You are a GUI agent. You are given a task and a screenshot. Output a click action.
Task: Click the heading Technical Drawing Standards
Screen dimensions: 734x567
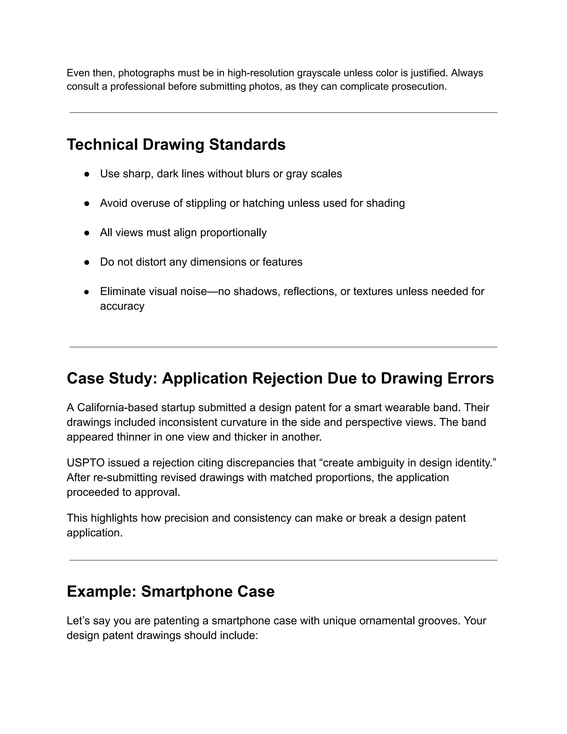[176, 145]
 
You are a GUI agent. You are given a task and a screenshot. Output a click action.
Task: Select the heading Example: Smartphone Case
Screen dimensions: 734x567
[171, 591]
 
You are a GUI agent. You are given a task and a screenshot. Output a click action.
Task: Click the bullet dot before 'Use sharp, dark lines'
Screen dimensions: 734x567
[87, 174]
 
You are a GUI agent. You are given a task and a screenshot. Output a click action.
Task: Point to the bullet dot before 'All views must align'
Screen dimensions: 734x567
[87, 233]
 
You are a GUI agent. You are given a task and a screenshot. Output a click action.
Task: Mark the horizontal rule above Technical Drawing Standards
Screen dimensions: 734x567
[283, 112]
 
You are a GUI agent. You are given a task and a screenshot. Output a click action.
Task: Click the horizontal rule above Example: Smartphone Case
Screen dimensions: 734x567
[283, 560]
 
